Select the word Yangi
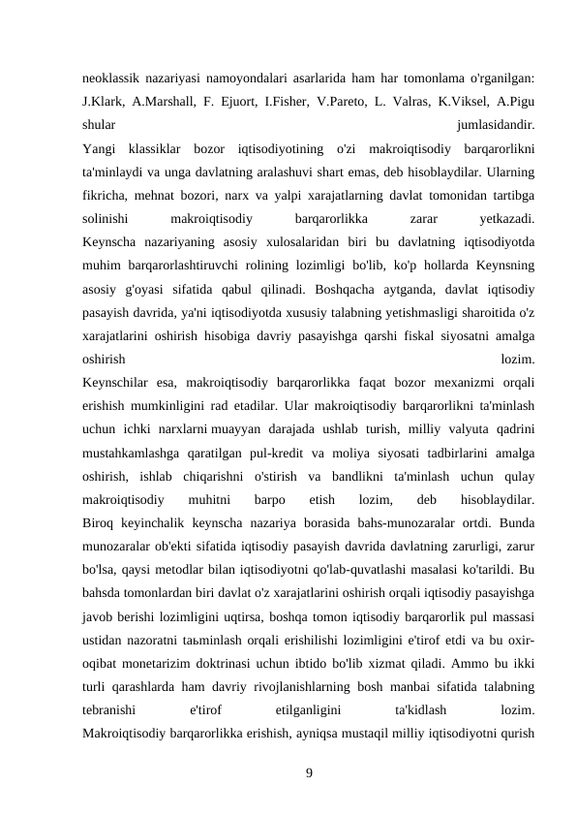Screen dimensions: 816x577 100,150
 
